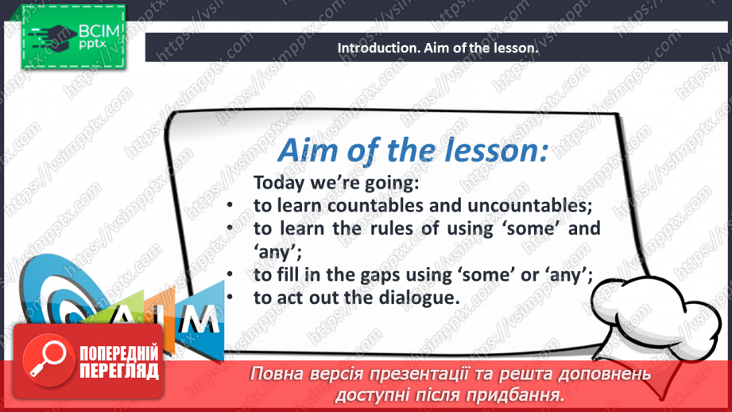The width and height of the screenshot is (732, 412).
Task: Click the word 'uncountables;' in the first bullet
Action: tap(529, 205)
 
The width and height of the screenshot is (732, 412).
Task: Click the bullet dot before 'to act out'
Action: tap(230, 297)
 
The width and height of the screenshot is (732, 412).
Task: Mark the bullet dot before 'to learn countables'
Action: tap(230, 204)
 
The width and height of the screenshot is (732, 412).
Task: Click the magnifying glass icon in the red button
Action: tap(48, 360)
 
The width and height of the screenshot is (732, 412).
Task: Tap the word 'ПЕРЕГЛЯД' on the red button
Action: tap(119, 371)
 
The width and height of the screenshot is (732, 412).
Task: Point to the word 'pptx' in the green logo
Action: tap(92, 45)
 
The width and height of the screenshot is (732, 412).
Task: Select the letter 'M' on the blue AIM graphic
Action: tap(199, 319)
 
